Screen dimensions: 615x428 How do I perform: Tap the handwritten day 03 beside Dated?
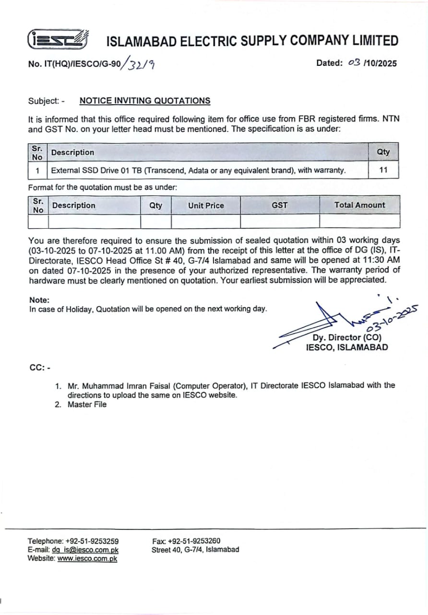click(354, 62)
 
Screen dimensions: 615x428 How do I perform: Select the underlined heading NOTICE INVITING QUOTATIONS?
click(144, 101)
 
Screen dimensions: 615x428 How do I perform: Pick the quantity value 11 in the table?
click(383, 170)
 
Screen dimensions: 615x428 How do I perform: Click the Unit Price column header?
click(205, 205)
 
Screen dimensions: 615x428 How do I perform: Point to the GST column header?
click(279, 205)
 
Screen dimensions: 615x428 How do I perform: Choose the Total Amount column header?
click(359, 205)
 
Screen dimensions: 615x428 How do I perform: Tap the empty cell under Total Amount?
click(359, 221)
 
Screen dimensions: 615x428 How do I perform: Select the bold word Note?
click(39, 300)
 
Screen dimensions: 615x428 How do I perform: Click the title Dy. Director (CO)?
click(347, 338)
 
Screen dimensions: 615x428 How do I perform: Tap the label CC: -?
click(40, 368)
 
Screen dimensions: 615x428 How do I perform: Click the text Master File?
click(87, 405)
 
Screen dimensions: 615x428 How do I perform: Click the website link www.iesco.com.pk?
click(87, 558)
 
